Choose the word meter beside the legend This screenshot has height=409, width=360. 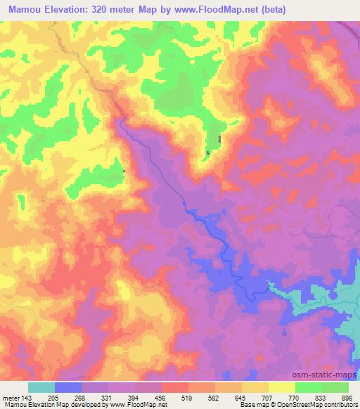coord(11,397)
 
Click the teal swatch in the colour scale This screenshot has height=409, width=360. coord(41,387)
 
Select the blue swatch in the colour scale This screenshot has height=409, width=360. coord(68,387)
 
